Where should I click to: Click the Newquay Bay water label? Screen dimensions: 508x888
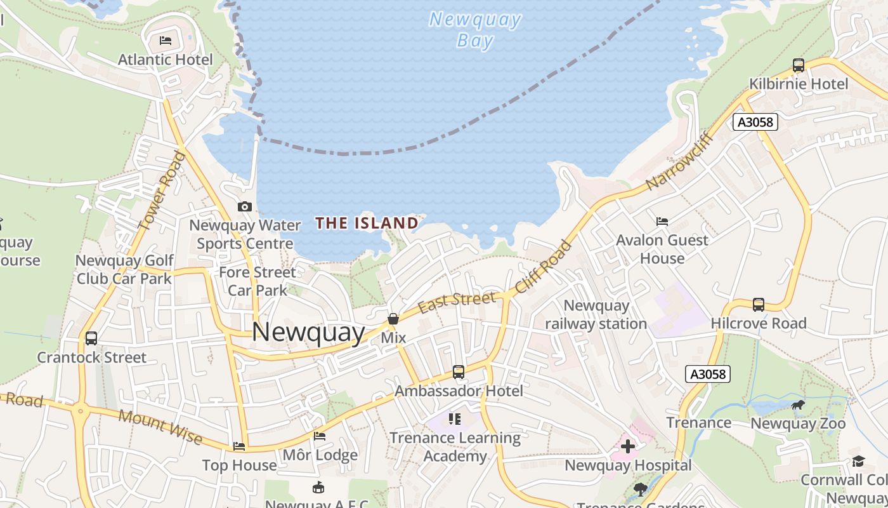(475, 30)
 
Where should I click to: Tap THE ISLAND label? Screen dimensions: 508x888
(367, 223)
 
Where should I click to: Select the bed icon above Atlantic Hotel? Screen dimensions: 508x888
(166, 41)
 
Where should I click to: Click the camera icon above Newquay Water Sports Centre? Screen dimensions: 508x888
(244, 206)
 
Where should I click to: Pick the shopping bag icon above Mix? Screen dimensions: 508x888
(393, 319)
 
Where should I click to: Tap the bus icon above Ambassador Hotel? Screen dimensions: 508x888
(459, 372)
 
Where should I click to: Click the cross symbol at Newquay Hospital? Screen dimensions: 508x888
(628, 446)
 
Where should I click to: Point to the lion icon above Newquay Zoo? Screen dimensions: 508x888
(798, 405)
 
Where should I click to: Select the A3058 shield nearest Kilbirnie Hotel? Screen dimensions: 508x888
(755, 122)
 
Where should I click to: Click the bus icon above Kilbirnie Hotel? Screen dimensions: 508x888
(799, 65)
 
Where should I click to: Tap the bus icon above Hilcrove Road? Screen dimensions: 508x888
(758, 305)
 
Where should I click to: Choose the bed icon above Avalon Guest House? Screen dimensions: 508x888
(662, 222)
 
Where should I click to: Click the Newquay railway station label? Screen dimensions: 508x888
(596, 314)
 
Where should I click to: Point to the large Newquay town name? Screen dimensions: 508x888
(309, 332)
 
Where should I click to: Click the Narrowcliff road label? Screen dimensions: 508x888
(680, 161)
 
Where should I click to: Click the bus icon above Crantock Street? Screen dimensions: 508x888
(91, 338)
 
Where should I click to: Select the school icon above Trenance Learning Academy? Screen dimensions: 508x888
(455, 419)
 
